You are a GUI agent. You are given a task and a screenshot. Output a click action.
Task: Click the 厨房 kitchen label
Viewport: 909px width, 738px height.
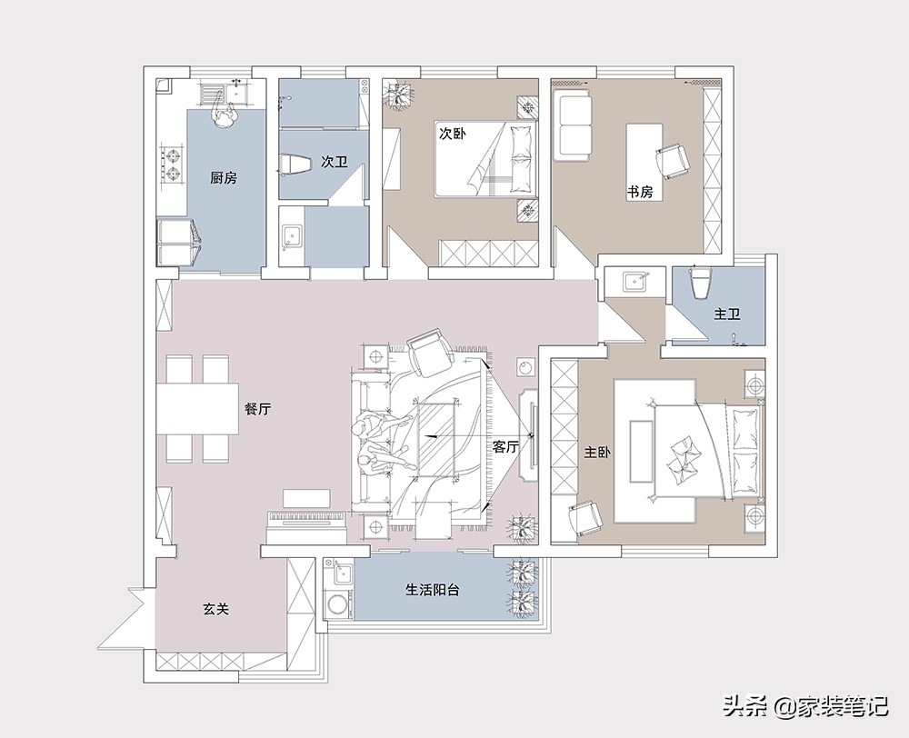[224, 177]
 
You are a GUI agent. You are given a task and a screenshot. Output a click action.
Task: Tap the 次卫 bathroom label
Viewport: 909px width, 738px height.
[335, 162]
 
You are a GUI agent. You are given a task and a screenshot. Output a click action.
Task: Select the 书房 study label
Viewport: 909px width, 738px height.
[640, 191]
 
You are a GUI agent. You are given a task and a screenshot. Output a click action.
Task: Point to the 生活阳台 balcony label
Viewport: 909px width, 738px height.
[433, 590]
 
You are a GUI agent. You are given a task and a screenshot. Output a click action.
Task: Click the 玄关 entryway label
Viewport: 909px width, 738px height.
[216, 609]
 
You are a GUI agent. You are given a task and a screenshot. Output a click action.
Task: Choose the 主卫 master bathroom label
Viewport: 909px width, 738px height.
[727, 314]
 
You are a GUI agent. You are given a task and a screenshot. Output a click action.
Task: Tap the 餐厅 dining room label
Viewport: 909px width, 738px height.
[258, 409]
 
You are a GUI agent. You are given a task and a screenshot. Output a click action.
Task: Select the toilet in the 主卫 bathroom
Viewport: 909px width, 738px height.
[698, 283]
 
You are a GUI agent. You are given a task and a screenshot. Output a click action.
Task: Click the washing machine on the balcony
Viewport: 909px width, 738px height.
[336, 603]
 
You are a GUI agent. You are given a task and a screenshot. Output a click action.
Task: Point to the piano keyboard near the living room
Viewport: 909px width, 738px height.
[306, 518]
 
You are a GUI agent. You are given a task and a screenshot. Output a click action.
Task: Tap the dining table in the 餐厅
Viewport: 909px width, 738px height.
[197, 408]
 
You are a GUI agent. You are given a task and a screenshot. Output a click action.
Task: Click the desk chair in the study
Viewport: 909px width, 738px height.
[673, 159]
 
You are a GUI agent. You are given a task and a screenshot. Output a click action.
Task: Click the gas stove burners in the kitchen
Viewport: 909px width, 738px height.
[173, 165]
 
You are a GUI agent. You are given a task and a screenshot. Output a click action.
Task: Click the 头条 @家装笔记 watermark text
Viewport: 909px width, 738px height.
[804, 705]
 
